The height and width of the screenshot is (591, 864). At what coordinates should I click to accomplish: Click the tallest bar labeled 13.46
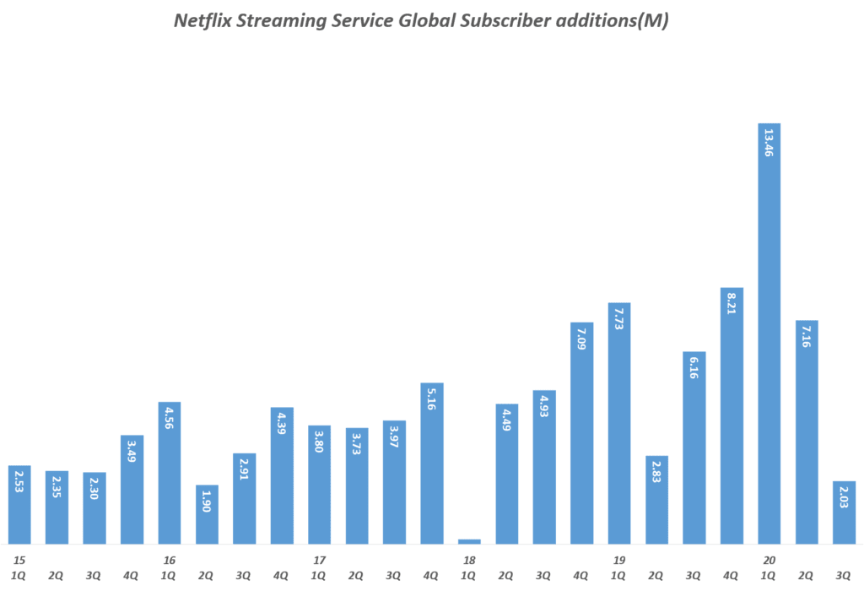coord(769,333)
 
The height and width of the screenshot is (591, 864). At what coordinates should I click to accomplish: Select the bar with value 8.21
coord(732,415)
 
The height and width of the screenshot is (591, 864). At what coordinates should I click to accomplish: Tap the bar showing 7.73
coord(618,423)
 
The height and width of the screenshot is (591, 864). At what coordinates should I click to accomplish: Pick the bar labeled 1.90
coord(207,514)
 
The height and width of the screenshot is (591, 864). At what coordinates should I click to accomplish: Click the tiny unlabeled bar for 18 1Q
coord(469,541)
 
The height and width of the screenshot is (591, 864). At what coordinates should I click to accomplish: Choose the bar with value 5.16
coord(431,464)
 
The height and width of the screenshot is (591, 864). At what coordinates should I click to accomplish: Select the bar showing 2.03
coord(844,512)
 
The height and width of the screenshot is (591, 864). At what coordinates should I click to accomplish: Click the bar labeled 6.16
coord(694,447)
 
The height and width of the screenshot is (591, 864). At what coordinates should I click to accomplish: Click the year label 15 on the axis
coord(19,561)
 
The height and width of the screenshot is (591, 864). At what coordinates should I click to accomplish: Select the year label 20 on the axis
coord(769,561)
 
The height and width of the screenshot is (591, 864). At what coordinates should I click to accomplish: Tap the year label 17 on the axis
coord(319,561)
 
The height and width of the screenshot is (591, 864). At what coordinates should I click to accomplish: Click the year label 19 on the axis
coord(618,561)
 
